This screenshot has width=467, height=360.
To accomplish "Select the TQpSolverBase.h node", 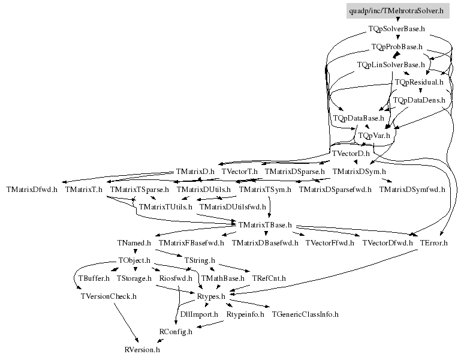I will (x=397, y=28).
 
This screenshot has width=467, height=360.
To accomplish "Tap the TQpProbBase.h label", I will (x=397, y=46).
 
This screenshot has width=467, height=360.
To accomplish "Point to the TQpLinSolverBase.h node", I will (x=390, y=64).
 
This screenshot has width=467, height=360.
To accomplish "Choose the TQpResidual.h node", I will (x=418, y=82).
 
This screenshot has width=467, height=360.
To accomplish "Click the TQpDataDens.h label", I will (x=418, y=100).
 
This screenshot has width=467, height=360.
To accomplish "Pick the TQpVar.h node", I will (x=374, y=136).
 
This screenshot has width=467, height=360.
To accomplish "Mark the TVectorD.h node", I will (x=351, y=154).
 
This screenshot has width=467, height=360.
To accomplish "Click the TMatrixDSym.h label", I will (x=357, y=172).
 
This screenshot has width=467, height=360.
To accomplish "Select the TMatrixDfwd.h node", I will (x=32, y=190).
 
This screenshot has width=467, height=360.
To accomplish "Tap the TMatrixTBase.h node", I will (x=264, y=225).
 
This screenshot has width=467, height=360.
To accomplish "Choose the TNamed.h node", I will (x=134, y=243).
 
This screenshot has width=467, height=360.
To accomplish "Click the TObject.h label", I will (x=134, y=261).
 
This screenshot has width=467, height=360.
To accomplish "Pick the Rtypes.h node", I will (x=211, y=296).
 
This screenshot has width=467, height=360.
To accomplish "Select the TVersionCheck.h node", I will (x=108, y=296).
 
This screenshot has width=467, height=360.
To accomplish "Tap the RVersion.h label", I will (x=142, y=349).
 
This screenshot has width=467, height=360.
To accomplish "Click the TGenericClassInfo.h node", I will (x=305, y=314).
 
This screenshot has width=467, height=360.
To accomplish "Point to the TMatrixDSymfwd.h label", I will (x=412, y=190).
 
